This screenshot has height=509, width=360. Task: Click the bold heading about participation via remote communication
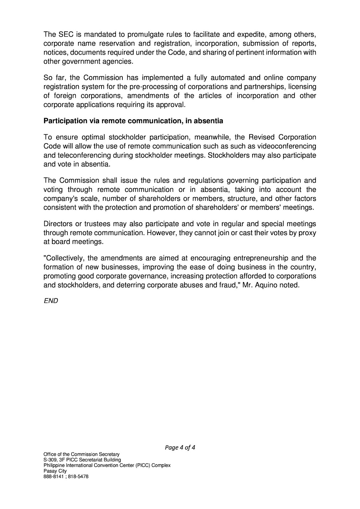(133, 121)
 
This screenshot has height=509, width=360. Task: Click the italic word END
(51, 301)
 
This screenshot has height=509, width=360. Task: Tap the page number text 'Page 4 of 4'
(180, 447)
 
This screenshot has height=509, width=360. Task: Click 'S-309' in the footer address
(50, 460)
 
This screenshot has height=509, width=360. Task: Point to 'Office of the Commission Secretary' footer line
(81, 454)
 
